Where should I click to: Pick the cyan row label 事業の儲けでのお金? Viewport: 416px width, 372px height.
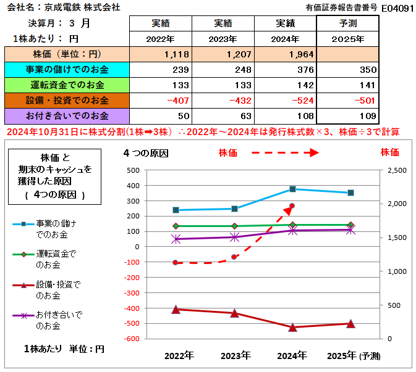pos(67,70)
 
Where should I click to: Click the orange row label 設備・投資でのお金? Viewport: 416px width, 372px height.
pos(67,101)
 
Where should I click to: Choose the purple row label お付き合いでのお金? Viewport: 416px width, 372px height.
pos(67,116)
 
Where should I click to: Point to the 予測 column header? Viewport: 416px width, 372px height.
pos(347,23)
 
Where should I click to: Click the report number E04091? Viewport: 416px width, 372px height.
pos(397,8)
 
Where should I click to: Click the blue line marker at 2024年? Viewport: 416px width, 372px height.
pos(292,189)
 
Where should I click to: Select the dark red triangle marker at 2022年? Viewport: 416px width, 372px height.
pos(176,309)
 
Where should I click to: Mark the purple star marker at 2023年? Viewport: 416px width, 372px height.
pos(234,237)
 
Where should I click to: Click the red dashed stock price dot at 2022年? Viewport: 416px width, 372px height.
pos(176,263)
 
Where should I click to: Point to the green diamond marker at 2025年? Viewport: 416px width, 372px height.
pos(350,225)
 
